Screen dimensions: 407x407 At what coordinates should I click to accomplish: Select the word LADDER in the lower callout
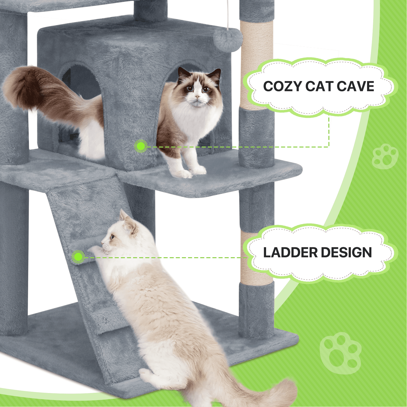pos(290,253)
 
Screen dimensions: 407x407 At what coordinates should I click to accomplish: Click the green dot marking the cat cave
pos(141,146)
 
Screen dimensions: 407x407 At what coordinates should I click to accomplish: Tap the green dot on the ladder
pos(78,257)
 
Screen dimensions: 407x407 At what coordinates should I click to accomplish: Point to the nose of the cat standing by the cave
pos(197,97)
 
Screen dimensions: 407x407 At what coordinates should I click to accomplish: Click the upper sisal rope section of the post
pos(256,64)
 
